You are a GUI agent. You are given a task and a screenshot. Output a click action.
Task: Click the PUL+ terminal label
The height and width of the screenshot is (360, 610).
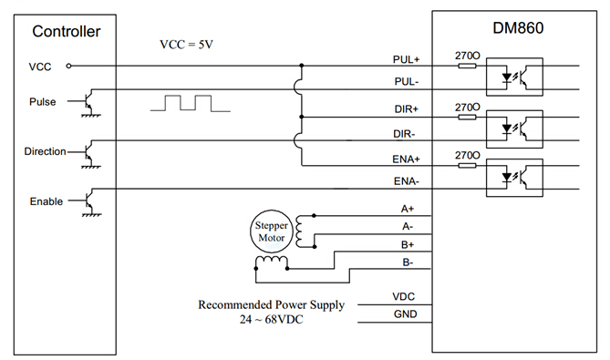405,59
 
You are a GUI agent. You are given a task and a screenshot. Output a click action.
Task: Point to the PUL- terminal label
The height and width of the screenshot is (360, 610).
405,83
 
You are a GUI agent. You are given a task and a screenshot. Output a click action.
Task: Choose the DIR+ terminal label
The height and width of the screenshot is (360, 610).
406,109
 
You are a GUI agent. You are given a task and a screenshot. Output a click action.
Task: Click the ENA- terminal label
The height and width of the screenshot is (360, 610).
406,181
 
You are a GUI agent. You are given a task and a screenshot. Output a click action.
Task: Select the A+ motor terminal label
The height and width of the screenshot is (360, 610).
407,209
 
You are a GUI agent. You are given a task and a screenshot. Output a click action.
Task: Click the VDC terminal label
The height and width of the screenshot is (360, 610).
404,297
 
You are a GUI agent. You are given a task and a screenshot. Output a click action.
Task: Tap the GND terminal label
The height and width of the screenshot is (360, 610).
404,315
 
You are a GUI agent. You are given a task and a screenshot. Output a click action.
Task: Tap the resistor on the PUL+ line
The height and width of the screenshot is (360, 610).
466,66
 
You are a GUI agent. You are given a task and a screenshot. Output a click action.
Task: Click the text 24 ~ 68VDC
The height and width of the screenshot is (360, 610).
271,320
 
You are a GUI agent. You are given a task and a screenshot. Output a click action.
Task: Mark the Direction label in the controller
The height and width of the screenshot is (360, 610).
44,151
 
